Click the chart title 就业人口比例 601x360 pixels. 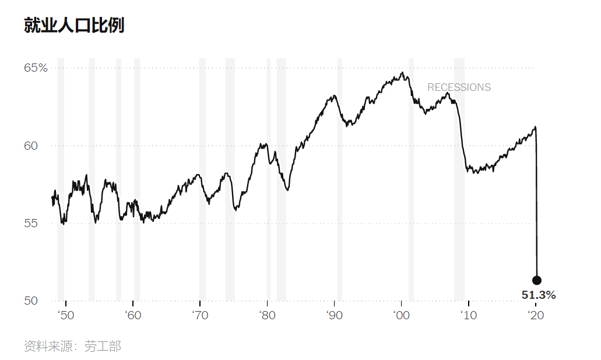[74, 25]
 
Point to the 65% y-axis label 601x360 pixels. [36, 68]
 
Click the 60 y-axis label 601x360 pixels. [31, 146]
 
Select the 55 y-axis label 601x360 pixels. [31, 223]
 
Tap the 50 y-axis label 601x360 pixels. [31, 301]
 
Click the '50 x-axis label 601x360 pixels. [66, 315]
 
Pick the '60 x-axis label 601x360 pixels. [133, 315]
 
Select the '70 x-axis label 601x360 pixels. [200, 315]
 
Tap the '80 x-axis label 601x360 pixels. [267, 315]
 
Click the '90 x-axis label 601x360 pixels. [334, 315]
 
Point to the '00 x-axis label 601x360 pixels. [401, 315]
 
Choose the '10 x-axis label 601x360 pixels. [468, 315]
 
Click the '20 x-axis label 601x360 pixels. [536, 315]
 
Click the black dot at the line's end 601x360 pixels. [537, 280]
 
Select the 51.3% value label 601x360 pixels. [539, 295]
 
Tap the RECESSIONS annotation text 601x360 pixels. [459, 87]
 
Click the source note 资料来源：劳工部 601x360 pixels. [72, 346]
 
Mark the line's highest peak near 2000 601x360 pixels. [402, 72]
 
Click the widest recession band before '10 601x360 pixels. [459, 179]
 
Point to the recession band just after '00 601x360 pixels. [412, 179]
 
